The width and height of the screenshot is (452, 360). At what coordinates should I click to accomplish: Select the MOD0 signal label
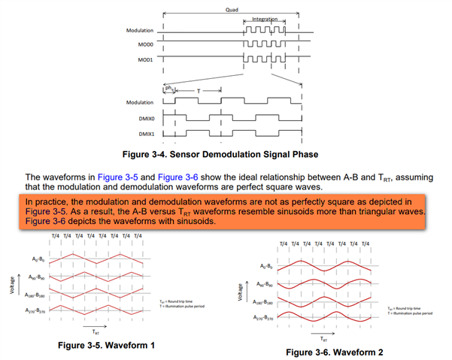(x=154, y=44)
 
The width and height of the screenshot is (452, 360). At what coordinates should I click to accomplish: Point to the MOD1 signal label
(x=154, y=59)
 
